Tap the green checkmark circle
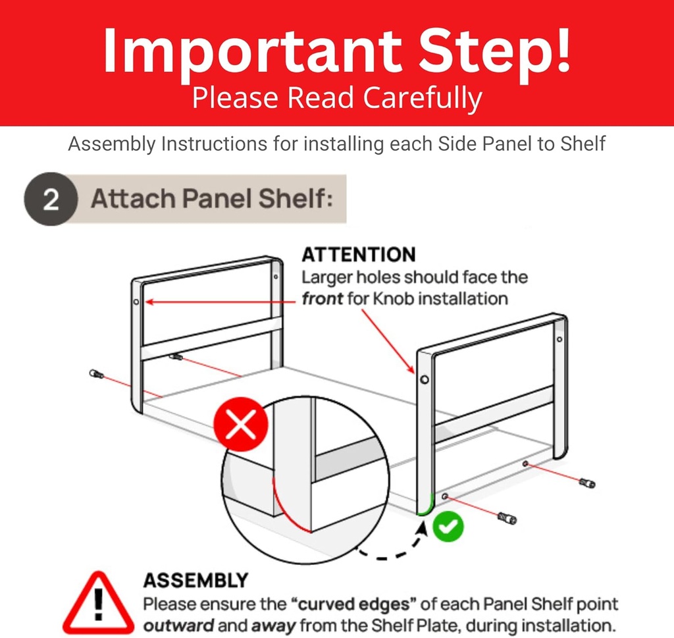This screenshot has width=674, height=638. click(x=448, y=525)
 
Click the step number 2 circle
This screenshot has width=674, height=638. click(x=51, y=199)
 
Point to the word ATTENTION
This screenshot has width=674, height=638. click(x=358, y=255)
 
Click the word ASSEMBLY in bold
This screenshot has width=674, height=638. click(x=195, y=580)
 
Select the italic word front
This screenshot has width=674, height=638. click(x=323, y=298)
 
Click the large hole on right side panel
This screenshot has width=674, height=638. click(x=424, y=380)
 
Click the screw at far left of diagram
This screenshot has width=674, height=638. click(x=96, y=374)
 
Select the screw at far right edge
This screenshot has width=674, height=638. click(x=586, y=483)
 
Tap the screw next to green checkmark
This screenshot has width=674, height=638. click(x=507, y=518)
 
